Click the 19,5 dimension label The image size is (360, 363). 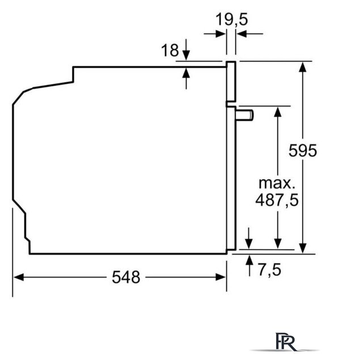[232, 19]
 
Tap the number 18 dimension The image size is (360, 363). [170, 50]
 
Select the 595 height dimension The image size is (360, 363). [303, 151]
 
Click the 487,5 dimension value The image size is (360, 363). [277, 200]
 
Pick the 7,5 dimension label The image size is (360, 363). [269, 270]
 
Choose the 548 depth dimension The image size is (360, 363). [126, 277]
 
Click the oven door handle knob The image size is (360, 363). [244, 115]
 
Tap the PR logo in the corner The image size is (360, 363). [286, 341]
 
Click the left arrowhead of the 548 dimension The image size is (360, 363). [19, 277]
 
